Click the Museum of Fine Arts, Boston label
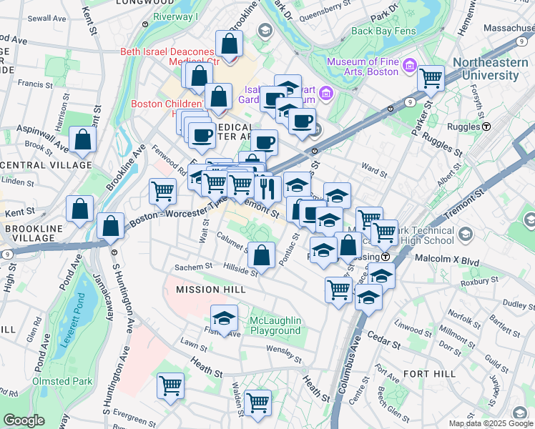click(363, 66)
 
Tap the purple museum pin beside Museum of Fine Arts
click(411, 66)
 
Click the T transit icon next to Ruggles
click(486, 126)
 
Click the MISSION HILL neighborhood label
click(211, 290)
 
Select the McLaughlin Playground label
click(275, 325)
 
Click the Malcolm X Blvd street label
click(450, 262)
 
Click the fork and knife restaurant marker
click(266, 188)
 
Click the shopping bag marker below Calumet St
click(262, 255)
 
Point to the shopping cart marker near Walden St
click(257, 403)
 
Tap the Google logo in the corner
click(24, 420)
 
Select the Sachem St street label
click(195, 267)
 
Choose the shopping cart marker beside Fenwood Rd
click(163, 191)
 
